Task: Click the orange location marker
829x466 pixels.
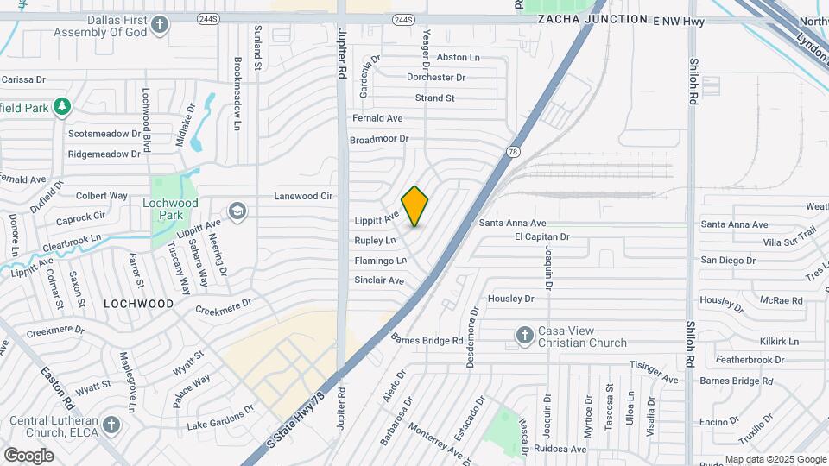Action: click(414, 206)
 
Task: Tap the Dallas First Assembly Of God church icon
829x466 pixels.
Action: click(159, 25)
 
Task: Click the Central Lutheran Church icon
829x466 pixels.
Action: click(111, 425)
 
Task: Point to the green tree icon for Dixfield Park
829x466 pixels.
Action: click(61, 107)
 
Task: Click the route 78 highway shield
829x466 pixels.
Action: click(513, 152)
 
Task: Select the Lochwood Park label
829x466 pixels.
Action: click(171, 203)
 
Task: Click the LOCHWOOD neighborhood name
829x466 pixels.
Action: click(138, 304)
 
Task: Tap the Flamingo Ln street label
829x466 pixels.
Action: click(380, 261)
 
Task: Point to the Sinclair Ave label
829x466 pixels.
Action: click(379, 280)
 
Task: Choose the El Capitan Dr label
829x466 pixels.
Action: click(542, 236)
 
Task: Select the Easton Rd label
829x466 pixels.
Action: click(56, 387)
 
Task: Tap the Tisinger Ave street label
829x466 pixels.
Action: click(654, 371)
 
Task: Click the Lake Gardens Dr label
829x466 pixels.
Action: click(221, 418)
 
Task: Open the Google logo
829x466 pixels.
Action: click(28, 455)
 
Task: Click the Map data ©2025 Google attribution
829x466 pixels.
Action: click(775, 459)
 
